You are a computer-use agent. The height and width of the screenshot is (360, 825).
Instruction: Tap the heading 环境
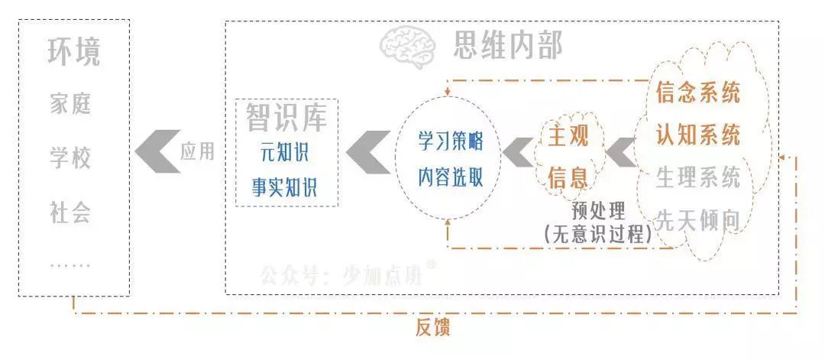(x=73, y=54)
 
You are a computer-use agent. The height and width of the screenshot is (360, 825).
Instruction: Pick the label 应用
(x=197, y=151)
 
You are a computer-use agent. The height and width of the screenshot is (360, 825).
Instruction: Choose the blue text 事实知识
(x=284, y=187)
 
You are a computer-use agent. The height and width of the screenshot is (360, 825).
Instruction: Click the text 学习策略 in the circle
(x=450, y=142)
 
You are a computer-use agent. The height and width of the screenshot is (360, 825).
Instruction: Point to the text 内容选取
(x=450, y=177)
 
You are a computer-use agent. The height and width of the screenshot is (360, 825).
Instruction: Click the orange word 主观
(x=568, y=138)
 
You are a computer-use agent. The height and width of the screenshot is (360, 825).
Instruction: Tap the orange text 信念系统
(x=698, y=93)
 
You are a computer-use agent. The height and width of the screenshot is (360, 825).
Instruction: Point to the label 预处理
(x=597, y=209)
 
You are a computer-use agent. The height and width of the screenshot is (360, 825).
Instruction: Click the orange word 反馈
(x=432, y=328)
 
